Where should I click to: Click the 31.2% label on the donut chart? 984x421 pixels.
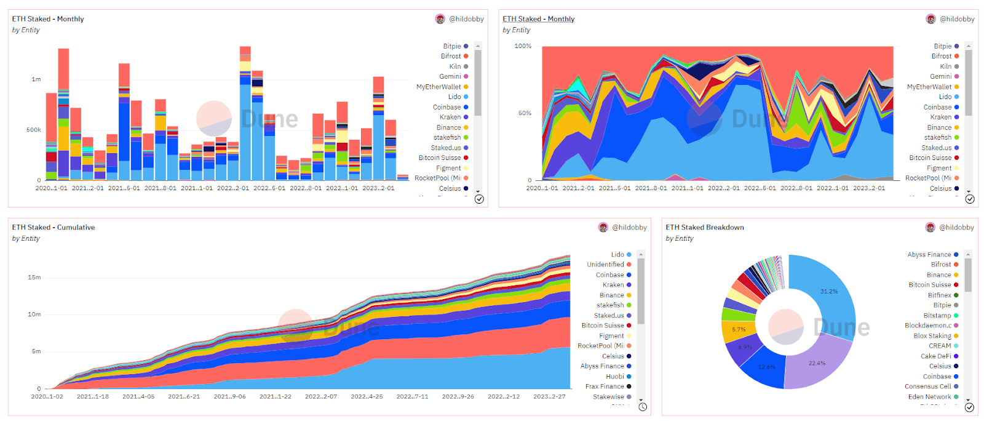coord(828,291)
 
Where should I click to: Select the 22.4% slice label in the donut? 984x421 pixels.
coord(817,363)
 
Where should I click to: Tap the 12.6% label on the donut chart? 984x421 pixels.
coord(766,367)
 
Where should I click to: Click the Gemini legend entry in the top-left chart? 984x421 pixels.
coord(450,76)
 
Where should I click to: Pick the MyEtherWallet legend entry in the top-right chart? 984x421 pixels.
coord(929,87)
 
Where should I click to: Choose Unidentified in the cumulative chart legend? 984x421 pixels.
coord(605,265)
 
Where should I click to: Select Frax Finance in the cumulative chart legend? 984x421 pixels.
coord(605,387)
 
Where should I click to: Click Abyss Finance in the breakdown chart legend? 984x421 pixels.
coord(929,255)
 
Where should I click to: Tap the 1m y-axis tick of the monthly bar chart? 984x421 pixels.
coord(36,79)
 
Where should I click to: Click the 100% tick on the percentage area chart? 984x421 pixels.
coord(523,46)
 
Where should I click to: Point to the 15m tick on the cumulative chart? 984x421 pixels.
coord(34,278)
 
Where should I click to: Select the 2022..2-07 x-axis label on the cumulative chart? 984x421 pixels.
coord(321,397)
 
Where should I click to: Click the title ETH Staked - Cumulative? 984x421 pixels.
coord(54,228)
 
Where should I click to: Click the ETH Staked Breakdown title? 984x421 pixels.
coord(704,228)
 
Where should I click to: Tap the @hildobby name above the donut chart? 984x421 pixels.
coord(956,228)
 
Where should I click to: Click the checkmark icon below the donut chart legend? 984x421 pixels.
coord(969,407)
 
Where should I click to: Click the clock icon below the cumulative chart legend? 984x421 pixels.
coord(643,407)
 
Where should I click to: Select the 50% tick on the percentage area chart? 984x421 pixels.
coord(525,113)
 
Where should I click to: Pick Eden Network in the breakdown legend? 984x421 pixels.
coord(929,397)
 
